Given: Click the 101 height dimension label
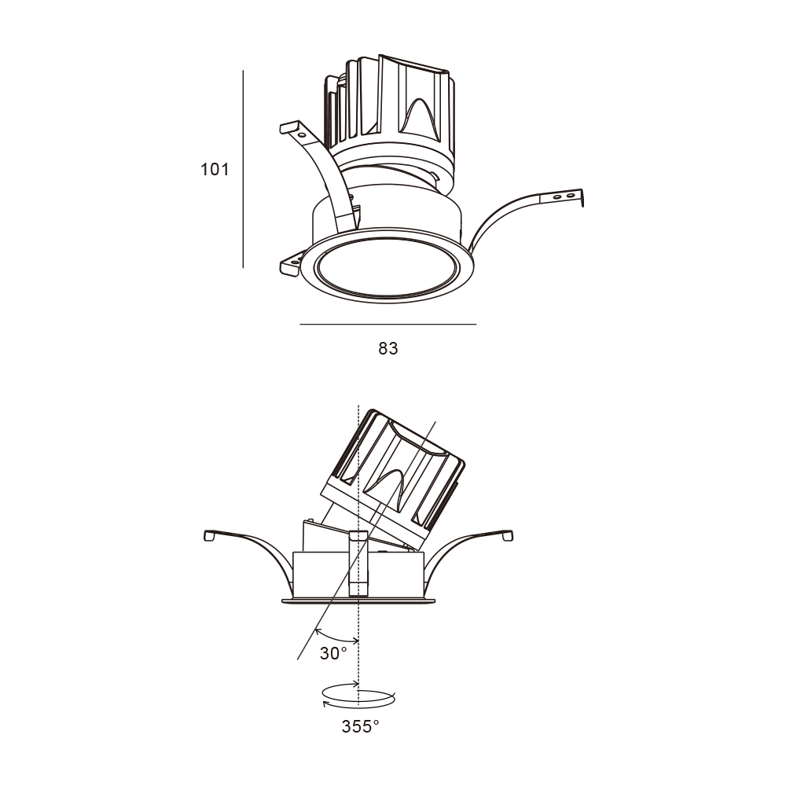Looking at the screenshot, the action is [x=215, y=170].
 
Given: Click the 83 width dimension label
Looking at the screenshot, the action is [x=388, y=348].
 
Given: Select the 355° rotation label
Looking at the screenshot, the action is [x=361, y=726].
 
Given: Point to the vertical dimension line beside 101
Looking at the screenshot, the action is [x=243, y=169].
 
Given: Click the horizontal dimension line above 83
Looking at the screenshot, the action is [x=388, y=325].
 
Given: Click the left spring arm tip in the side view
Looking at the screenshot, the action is [x=210, y=535].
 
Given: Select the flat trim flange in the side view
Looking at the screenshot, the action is [x=358, y=600].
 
